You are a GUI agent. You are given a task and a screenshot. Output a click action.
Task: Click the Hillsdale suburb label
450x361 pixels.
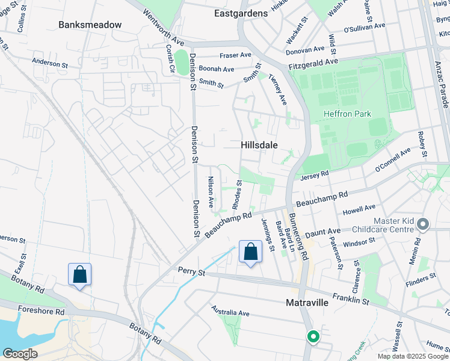point(259,145)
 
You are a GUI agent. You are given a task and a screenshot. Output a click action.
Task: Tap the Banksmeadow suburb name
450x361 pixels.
point(90,25)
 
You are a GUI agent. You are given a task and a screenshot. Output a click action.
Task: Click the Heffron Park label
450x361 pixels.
point(347,114)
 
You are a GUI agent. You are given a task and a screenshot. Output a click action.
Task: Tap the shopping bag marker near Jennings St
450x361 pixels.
point(251,251)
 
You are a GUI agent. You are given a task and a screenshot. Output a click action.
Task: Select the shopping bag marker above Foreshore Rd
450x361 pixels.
point(79,274)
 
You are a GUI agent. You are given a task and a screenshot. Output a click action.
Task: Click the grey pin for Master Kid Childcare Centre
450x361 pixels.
point(423,225)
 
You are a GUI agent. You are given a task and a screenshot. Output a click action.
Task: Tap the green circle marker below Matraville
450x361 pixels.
point(313,337)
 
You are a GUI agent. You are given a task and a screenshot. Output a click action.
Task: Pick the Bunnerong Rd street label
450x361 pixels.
point(298,235)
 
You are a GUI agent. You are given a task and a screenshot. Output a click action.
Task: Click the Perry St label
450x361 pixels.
point(191,272)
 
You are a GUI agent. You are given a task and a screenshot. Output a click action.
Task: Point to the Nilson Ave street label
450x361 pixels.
point(211,192)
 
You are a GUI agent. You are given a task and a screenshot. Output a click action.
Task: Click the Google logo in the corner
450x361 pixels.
point(20,354)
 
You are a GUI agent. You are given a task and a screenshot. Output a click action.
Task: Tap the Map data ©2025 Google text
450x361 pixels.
point(412,356)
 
